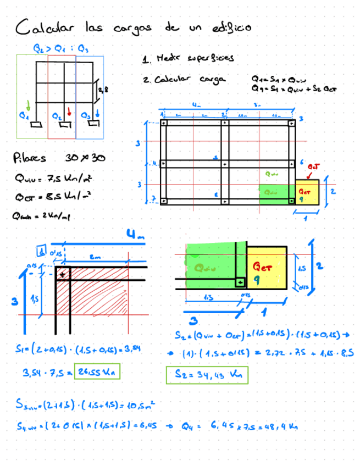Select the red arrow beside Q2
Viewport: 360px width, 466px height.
(69, 112)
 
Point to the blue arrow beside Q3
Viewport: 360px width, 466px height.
(97, 113)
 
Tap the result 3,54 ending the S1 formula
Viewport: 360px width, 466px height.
(132, 348)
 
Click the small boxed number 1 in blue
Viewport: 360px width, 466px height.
(41, 253)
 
